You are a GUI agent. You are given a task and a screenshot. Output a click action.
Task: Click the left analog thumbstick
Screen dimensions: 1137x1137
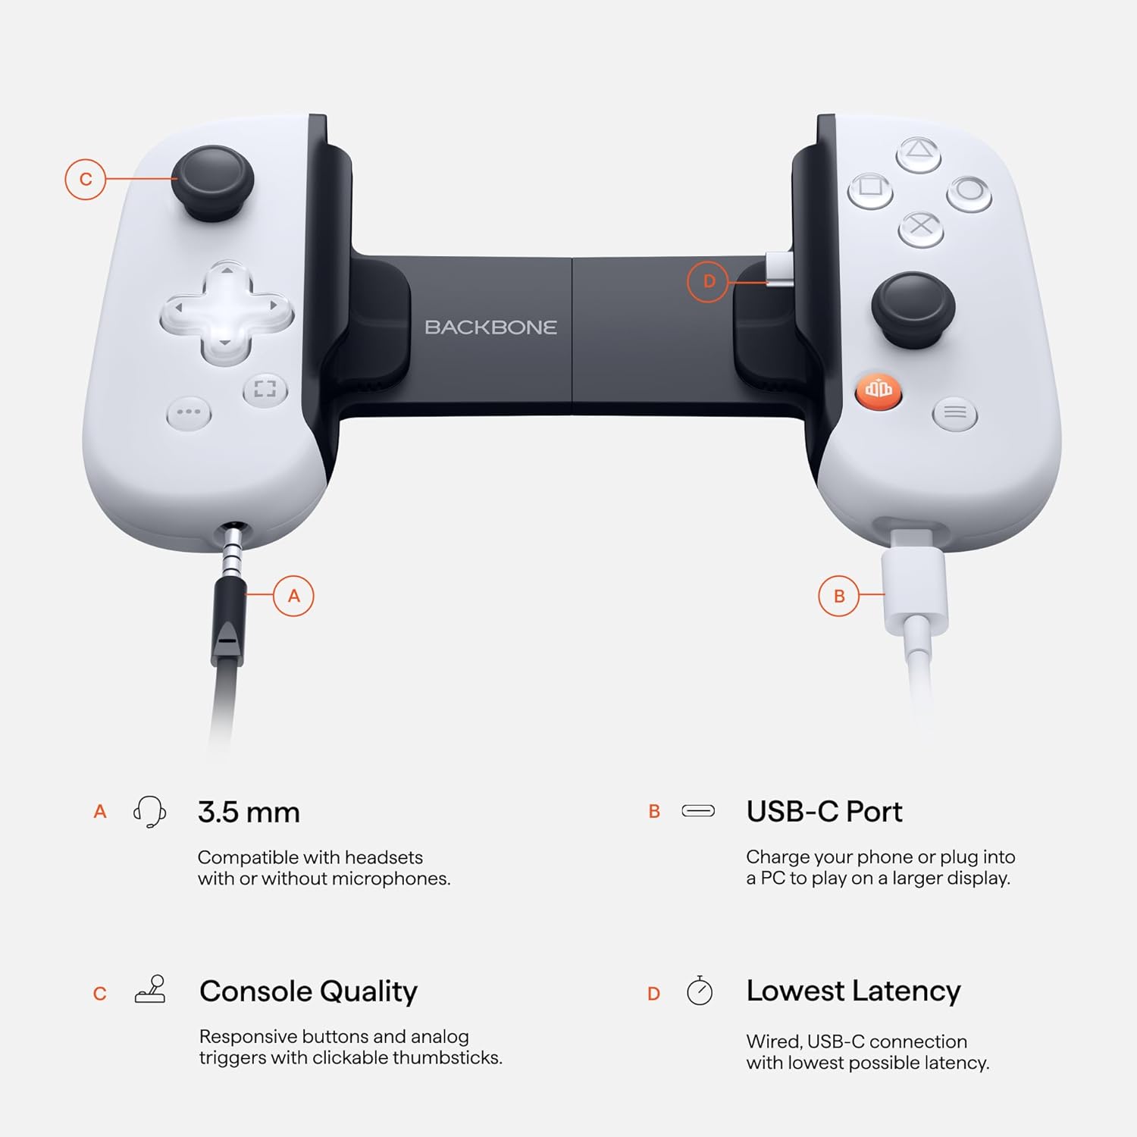click(212, 182)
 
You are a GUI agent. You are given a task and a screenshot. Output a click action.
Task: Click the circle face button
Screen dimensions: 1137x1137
click(969, 191)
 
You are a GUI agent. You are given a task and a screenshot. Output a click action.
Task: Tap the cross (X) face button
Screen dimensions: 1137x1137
click(921, 227)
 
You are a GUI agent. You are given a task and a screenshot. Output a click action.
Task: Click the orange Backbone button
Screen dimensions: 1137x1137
click(879, 390)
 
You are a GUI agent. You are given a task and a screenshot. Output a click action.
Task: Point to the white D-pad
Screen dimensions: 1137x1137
click(226, 312)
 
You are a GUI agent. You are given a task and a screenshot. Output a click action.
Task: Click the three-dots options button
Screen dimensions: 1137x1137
click(189, 413)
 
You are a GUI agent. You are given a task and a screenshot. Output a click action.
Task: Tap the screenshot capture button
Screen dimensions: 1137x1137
click(265, 390)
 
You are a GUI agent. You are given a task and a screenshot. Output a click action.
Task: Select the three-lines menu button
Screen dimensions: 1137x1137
click(955, 413)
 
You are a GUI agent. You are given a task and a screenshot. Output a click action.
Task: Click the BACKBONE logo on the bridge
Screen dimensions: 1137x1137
click(490, 327)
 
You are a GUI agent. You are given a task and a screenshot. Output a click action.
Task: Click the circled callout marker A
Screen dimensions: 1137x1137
click(294, 596)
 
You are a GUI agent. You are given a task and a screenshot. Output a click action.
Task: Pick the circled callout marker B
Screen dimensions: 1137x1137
click(839, 596)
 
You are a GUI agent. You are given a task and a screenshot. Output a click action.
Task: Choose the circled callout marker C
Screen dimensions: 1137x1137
click(86, 180)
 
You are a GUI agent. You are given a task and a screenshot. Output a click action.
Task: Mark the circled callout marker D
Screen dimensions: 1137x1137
click(708, 281)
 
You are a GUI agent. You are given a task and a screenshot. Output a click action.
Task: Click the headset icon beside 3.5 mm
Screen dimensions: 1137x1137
click(150, 812)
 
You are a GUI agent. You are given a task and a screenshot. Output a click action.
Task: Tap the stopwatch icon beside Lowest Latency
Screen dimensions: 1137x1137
click(700, 991)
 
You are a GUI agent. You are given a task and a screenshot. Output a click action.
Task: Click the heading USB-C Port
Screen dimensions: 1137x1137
click(824, 812)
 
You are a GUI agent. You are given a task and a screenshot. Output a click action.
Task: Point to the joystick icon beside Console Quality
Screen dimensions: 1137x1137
click(151, 990)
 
